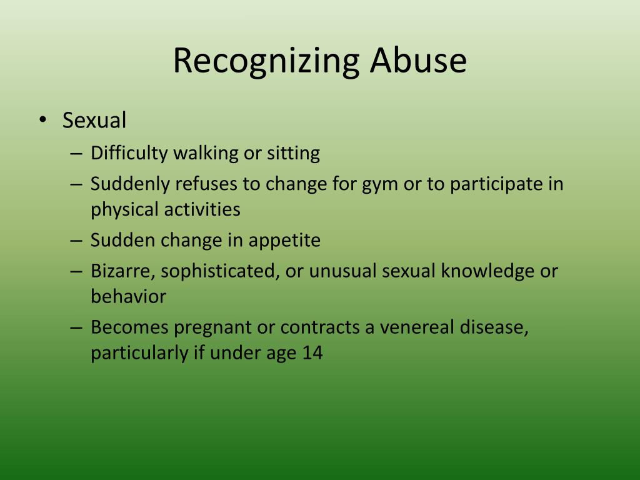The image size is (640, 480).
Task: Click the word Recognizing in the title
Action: [x=266, y=62]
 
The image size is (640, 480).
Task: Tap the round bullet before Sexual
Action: [x=42, y=120]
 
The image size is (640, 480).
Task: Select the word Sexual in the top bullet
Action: [x=94, y=120]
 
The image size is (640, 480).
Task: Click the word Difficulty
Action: [x=129, y=153]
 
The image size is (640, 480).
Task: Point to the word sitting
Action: [x=294, y=153]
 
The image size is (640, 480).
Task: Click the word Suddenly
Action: [x=131, y=184]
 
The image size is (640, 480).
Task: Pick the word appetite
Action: [x=285, y=241]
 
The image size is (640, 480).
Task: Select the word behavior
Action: [x=128, y=296]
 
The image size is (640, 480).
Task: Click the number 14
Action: [x=312, y=353]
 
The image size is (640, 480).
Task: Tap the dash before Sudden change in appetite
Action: [x=76, y=241]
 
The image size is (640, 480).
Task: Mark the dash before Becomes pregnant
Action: [x=76, y=327]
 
